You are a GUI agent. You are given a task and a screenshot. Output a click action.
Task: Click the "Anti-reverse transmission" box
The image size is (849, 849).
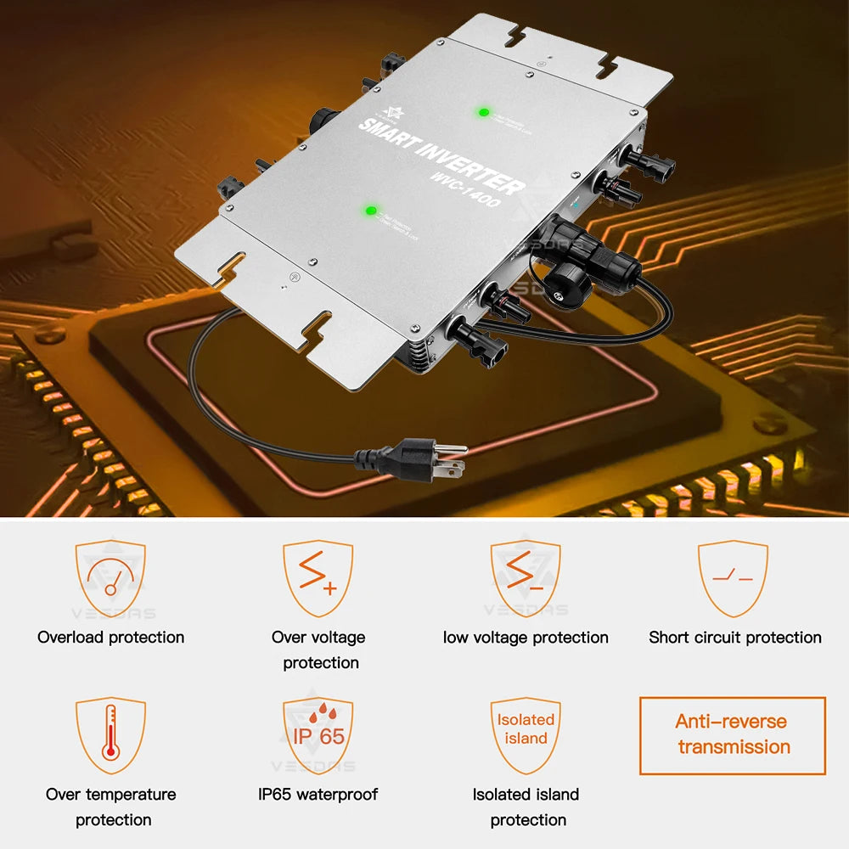tap(732, 735)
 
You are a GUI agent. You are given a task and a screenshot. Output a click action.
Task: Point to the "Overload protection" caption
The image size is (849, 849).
tap(110, 638)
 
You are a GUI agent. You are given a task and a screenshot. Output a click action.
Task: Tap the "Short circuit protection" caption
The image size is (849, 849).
tap(735, 638)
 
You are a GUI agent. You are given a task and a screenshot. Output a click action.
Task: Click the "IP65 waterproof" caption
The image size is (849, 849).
tap(318, 795)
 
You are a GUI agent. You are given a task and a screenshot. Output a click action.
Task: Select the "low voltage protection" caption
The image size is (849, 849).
tap(526, 638)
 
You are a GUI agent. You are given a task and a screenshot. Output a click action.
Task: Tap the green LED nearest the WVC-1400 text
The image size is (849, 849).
tap(370, 210)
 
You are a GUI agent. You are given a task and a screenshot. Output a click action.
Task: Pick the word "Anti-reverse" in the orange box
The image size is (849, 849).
tap(731, 722)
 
